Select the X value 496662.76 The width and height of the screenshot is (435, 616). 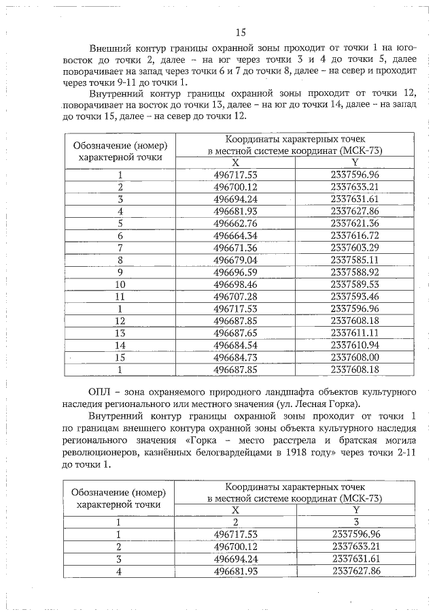[x=236, y=223]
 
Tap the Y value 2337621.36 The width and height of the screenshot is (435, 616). [x=354, y=223]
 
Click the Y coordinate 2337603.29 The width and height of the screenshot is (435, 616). [x=354, y=247]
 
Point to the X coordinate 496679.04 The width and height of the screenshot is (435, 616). [x=236, y=259]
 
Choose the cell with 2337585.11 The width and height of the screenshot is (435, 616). [x=354, y=259]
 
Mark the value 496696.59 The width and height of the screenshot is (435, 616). [x=236, y=272]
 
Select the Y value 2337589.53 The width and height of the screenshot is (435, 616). [x=354, y=284]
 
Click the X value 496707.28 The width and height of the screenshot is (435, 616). [x=236, y=296]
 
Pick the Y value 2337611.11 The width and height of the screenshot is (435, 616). [x=354, y=333]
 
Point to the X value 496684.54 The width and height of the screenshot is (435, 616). [x=236, y=345]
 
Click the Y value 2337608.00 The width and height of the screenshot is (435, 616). [x=354, y=357]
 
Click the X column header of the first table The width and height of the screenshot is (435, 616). [x=236, y=163]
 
